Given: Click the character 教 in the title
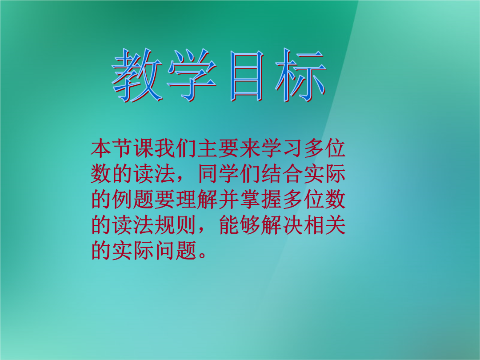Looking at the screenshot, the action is (137, 75).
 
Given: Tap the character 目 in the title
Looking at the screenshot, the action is (246, 76).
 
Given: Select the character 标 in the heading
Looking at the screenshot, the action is (300, 75).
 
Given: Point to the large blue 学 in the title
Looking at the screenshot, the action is (192, 75).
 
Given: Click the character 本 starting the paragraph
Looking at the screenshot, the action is (101, 148).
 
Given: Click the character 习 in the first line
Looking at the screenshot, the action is (293, 148).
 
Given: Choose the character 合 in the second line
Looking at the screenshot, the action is (293, 174).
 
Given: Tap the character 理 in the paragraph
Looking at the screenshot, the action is (186, 200).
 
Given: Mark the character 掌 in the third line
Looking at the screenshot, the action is (250, 200).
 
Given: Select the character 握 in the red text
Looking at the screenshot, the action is (272, 200).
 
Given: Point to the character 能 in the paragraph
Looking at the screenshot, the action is (229, 225).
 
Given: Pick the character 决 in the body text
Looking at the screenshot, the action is (293, 225).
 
